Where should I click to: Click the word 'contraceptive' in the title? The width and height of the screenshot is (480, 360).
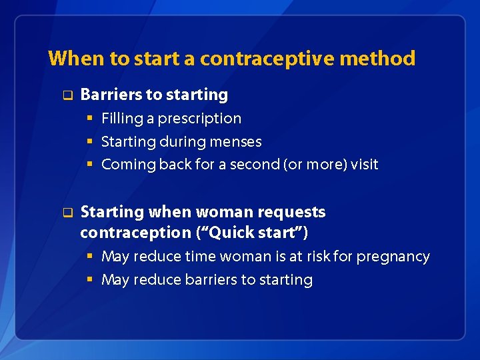point(267,59)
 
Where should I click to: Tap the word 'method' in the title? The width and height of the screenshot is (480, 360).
point(377,59)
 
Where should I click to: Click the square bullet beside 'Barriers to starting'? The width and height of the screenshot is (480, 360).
point(67,95)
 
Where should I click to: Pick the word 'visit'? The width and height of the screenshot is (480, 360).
point(365,164)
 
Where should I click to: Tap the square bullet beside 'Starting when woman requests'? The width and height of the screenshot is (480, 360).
point(67,213)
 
